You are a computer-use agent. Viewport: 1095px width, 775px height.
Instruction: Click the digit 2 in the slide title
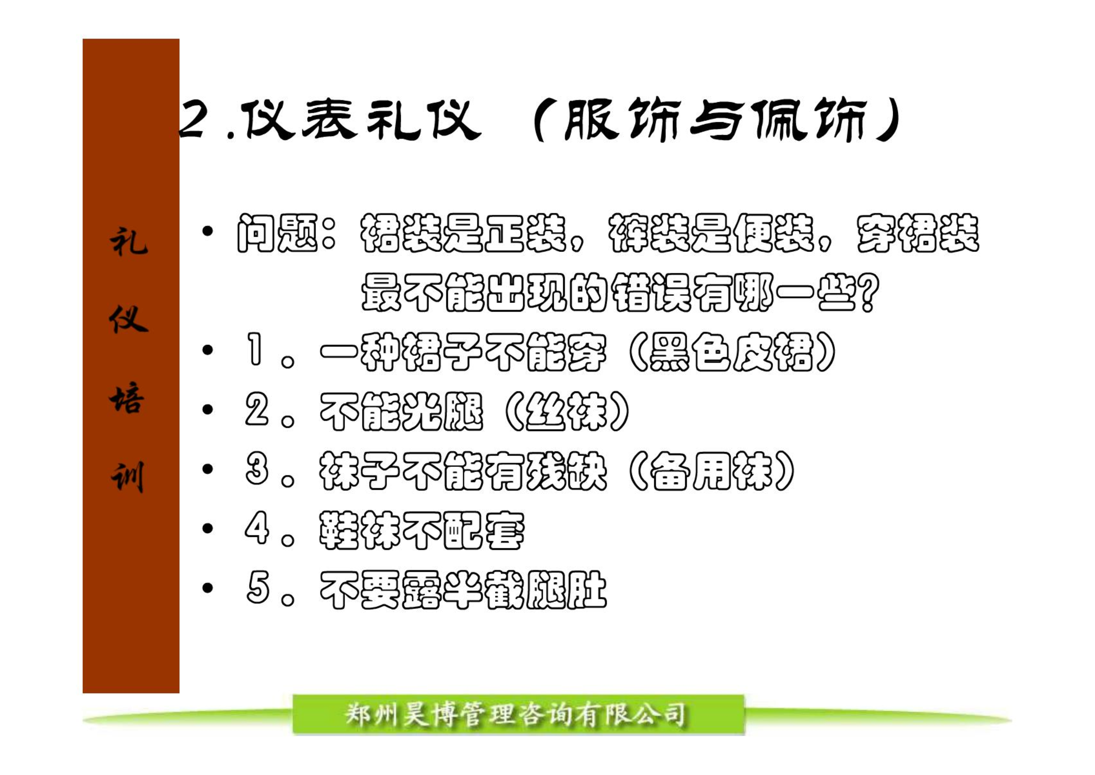tap(194, 120)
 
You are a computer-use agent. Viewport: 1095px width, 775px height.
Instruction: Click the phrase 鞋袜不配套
tap(422, 530)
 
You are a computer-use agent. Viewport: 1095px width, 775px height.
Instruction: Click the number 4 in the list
tap(257, 528)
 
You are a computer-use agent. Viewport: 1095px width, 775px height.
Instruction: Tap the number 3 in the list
tap(257, 469)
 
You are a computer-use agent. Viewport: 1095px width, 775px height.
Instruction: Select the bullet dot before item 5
tap(208, 588)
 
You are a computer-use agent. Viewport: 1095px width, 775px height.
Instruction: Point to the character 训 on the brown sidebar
tap(128, 476)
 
